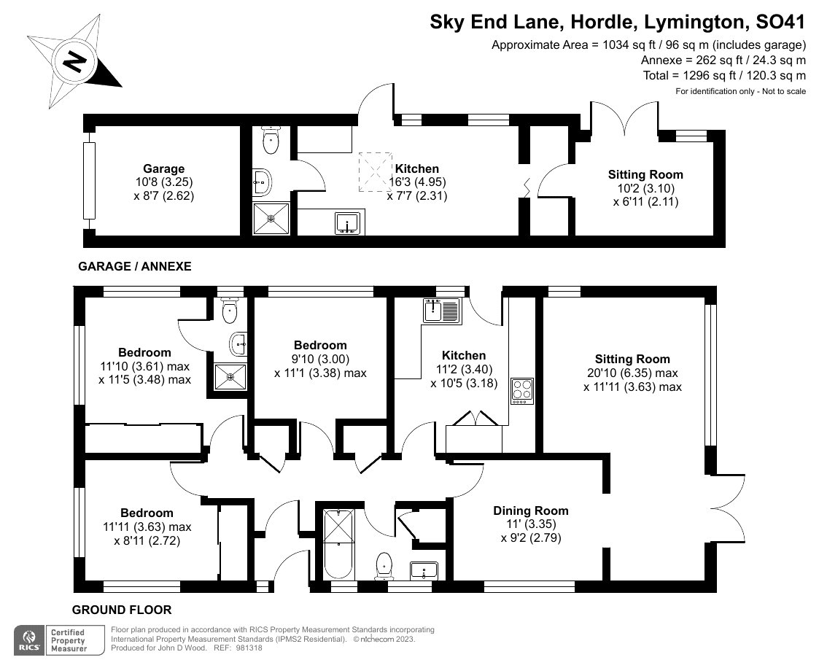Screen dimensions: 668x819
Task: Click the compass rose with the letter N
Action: (73, 62)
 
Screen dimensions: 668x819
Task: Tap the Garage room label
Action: (163, 168)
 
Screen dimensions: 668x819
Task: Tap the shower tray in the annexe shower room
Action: (271, 218)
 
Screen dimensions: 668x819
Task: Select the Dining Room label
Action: (530, 510)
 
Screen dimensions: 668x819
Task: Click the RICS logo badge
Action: (29, 640)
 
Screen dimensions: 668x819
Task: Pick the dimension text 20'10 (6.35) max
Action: (632, 373)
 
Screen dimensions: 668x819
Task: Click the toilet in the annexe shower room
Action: (272, 140)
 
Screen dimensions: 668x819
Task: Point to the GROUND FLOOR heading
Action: (122, 610)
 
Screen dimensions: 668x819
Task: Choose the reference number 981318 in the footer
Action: (249, 648)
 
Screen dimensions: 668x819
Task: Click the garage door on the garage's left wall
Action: (89, 181)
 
